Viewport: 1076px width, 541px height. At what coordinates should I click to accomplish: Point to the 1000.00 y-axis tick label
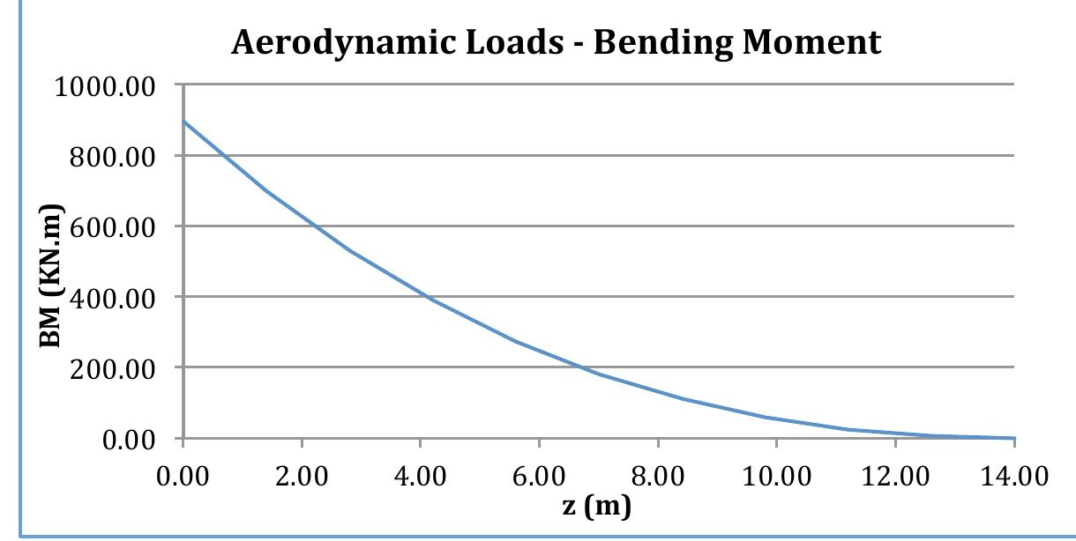(105, 87)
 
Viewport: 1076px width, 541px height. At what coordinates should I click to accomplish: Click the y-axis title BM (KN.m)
(55, 262)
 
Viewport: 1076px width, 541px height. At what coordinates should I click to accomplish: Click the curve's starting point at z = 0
(183, 122)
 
